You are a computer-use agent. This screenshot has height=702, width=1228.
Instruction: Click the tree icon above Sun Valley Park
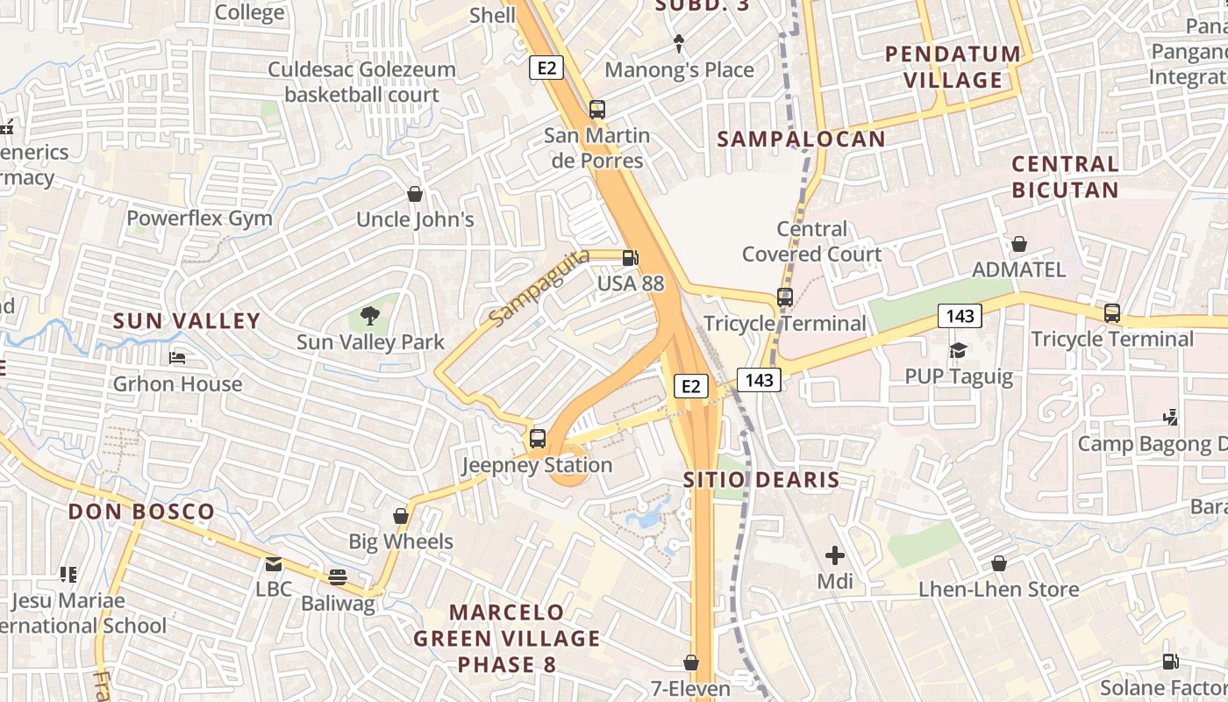tap(370, 316)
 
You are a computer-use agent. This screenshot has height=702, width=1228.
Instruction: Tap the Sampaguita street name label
tap(528, 289)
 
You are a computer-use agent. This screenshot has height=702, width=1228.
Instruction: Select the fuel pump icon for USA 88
tap(630, 258)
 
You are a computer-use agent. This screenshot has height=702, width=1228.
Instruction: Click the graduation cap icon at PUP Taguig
tap(958, 351)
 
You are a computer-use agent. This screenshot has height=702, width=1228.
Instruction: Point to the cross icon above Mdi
tap(835, 555)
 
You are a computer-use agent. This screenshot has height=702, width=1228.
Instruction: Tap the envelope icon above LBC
tap(274, 563)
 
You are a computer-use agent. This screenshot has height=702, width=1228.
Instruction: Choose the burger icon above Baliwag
tap(338, 577)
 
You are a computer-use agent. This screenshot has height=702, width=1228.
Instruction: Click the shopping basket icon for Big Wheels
tap(401, 516)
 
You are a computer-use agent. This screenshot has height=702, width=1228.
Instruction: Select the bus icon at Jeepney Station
tap(538, 439)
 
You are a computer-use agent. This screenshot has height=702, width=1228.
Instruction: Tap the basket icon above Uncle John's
tap(415, 194)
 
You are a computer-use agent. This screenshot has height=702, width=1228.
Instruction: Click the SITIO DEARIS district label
tap(761, 480)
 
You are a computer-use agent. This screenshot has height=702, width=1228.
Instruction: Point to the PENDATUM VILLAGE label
tap(953, 67)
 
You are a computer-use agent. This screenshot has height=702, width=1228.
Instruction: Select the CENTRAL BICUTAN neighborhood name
tap(1065, 176)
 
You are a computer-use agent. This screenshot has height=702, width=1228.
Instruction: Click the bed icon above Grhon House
tap(177, 358)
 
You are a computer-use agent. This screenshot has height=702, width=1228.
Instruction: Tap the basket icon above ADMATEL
tap(1019, 244)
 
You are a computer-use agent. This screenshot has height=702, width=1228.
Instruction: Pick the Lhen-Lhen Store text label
tap(998, 590)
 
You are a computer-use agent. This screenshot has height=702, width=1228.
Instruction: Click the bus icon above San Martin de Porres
tap(597, 110)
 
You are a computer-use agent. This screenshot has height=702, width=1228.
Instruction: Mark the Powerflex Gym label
tap(200, 218)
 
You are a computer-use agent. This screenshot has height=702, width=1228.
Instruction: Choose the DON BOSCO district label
tap(141, 512)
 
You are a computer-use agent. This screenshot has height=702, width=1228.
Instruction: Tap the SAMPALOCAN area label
tap(802, 139)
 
